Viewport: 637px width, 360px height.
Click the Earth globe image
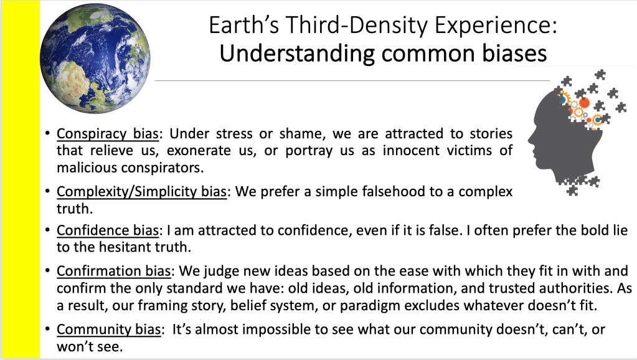click(95, 59)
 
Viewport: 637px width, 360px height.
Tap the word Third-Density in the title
click(357, 25)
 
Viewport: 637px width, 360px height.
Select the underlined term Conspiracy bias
click(107, 134)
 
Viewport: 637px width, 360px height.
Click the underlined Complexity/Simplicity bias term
click(141, 191)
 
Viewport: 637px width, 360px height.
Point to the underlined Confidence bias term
click(107, 230)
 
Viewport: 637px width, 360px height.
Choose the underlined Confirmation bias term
click(114, 271)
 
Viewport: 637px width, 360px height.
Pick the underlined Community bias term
click(108, 329)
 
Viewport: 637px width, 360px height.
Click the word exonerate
click(199, 151)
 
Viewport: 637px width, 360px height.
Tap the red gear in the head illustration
click(584, 102)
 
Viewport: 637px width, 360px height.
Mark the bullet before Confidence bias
click(48, 230)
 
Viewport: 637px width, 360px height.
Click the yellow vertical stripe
click(21, 180)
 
